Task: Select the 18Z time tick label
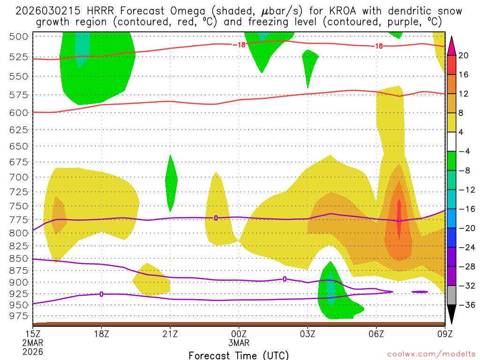(x=102, y=334)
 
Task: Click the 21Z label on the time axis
(x=170, y=334)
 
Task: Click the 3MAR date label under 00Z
(x=239, y=343)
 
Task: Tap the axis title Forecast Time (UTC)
(x=239, y=355)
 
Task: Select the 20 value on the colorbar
(x=463, y=55)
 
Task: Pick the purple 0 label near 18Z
(x=101, y=294)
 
